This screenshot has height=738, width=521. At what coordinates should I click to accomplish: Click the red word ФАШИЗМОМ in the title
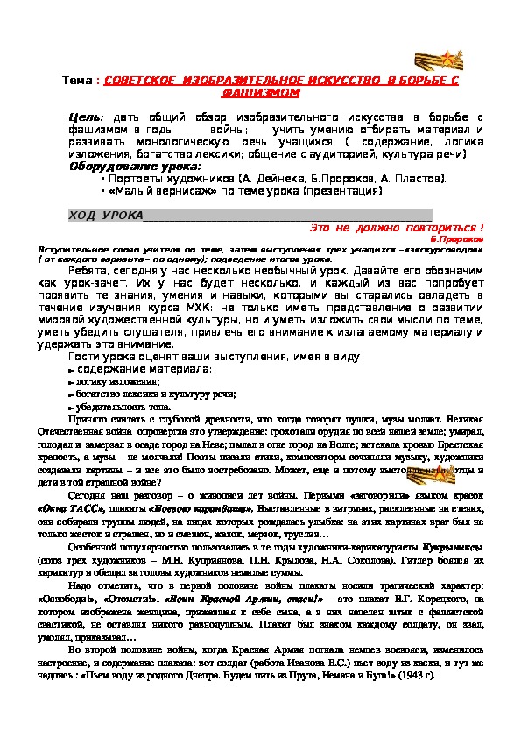pyautogui.click(x=260, y=92)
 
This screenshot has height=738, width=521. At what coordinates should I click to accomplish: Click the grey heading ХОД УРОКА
pyautogui.click(x=103, y=216)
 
